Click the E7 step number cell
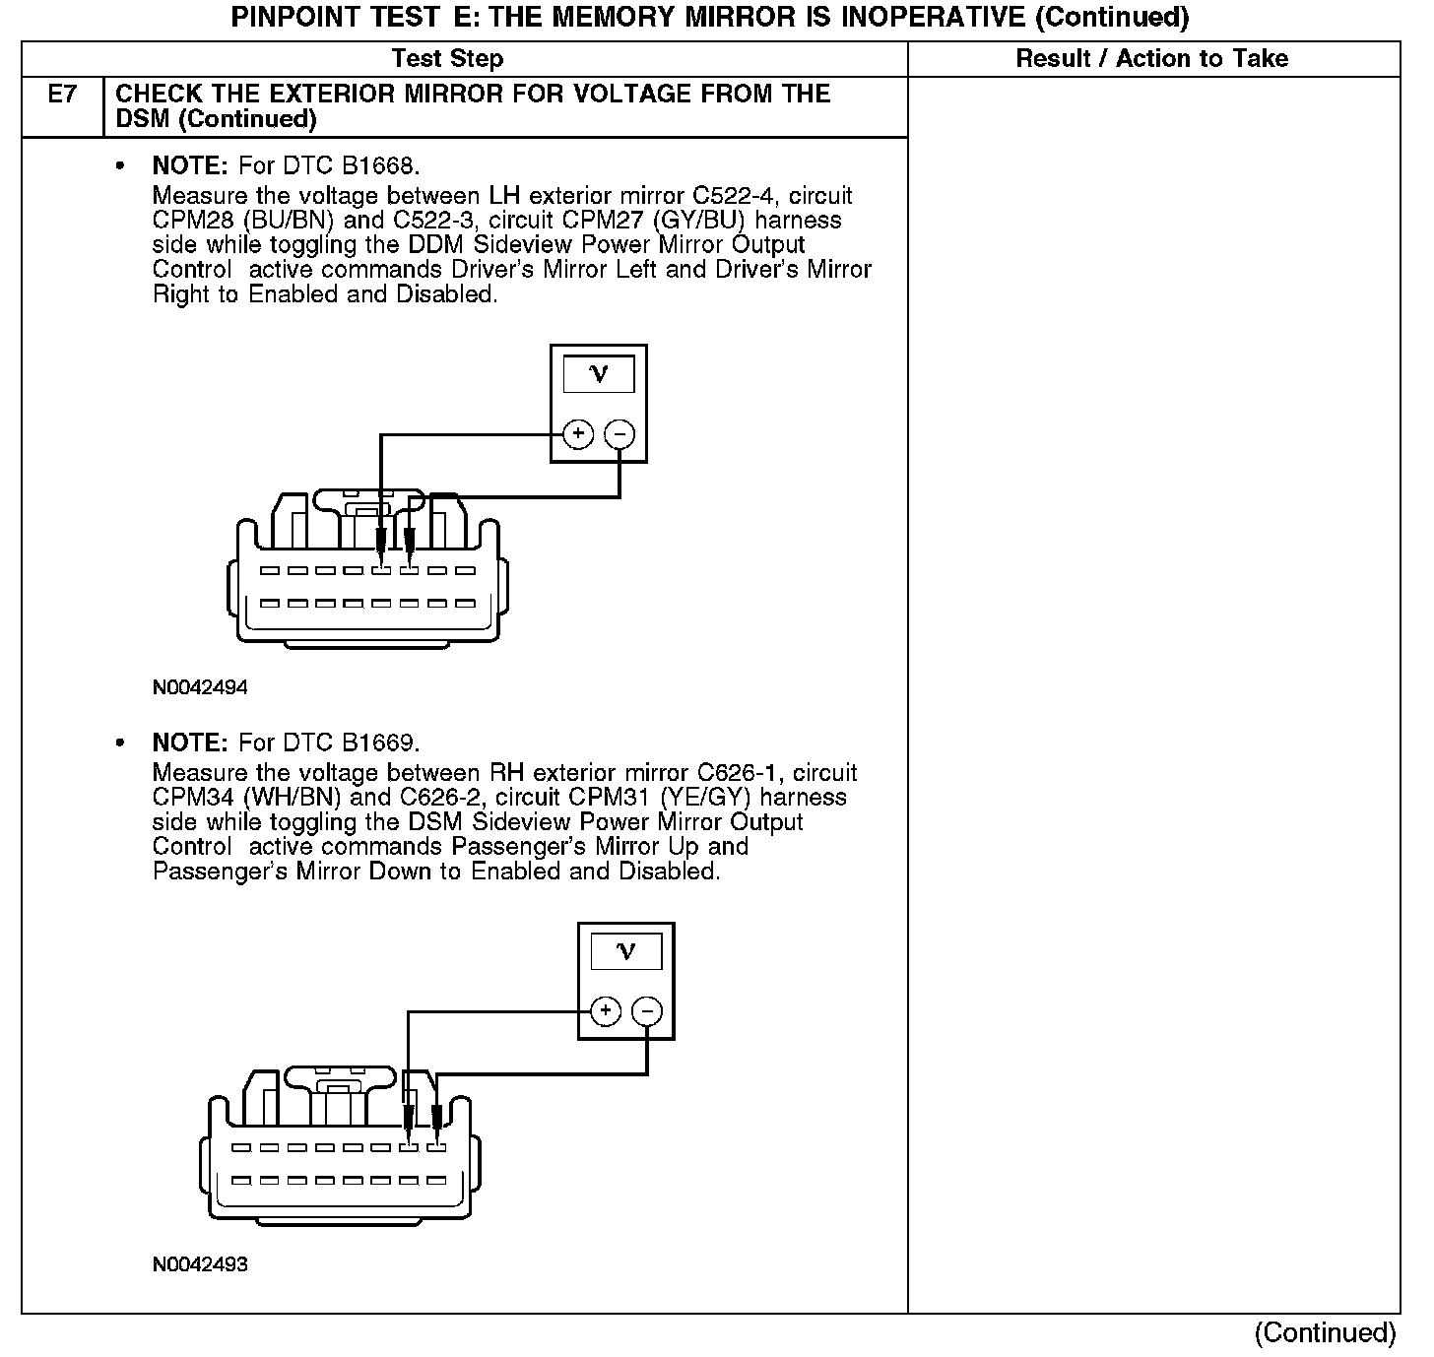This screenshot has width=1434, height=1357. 62,96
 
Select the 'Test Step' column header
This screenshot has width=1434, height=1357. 447,59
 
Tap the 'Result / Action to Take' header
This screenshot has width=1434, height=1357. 1151,59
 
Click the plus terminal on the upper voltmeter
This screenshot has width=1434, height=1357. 578,433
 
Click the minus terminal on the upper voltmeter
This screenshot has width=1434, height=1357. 619,433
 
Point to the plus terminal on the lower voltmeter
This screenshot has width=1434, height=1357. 606,1010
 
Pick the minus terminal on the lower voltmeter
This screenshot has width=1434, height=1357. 647,1010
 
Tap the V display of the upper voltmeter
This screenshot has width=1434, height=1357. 599,374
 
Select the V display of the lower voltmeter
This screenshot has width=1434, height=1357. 626,951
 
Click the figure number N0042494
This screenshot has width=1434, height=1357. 200,687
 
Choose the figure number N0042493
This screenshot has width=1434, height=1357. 200,1264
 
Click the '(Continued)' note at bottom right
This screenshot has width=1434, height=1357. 1325,1332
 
